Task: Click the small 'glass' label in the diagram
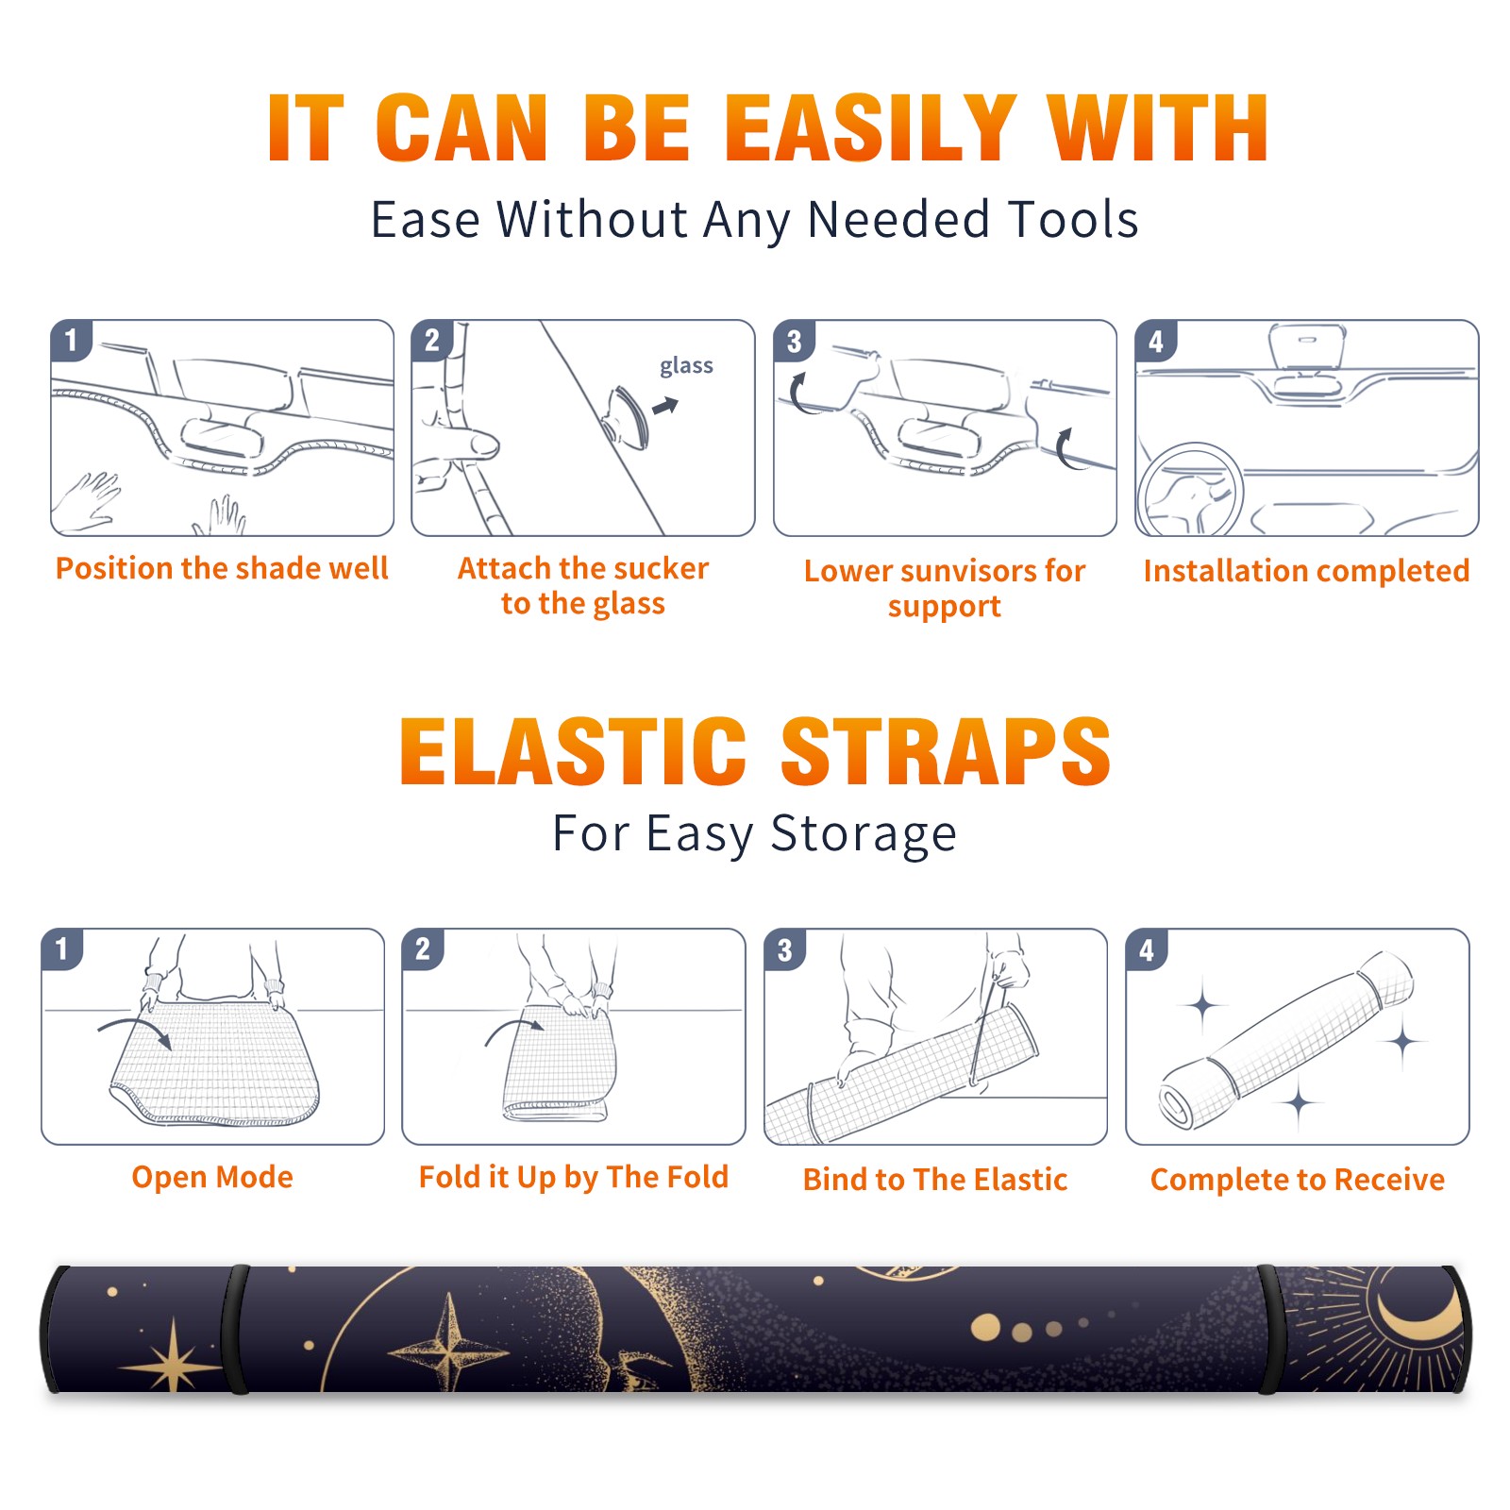(x=686, y=366)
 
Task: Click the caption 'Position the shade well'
(x=222, y=568)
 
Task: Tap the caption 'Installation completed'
(x=1306, y=570)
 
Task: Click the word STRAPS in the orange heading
(x=946, y=751)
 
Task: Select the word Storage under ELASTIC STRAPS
(x=864, y=834)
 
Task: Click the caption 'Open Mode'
(x=212, y=1177)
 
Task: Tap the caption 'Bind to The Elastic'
(x=935, y=1179)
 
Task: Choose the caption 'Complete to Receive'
(x=1298, y=1179)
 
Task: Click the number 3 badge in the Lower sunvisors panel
(x=793, y=341)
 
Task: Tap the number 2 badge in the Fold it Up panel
(x=422, y=948)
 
